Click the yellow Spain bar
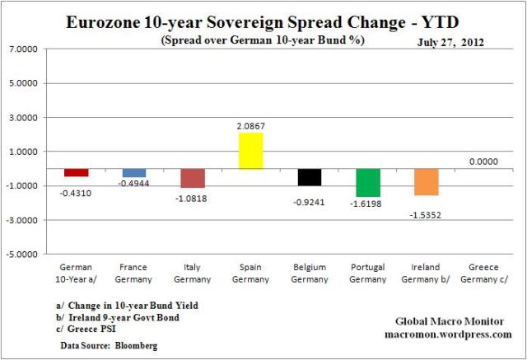click(251, 151)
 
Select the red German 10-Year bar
click(77, 172)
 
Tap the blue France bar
click(134, 173)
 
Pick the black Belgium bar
click(310, 177)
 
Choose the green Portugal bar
click(368, 183)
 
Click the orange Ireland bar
click(427, 182)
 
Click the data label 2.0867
click(251, 126)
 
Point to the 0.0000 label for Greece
click(484, 162)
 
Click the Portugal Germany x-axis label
click(368, 272)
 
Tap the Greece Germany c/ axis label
click(484, 272)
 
